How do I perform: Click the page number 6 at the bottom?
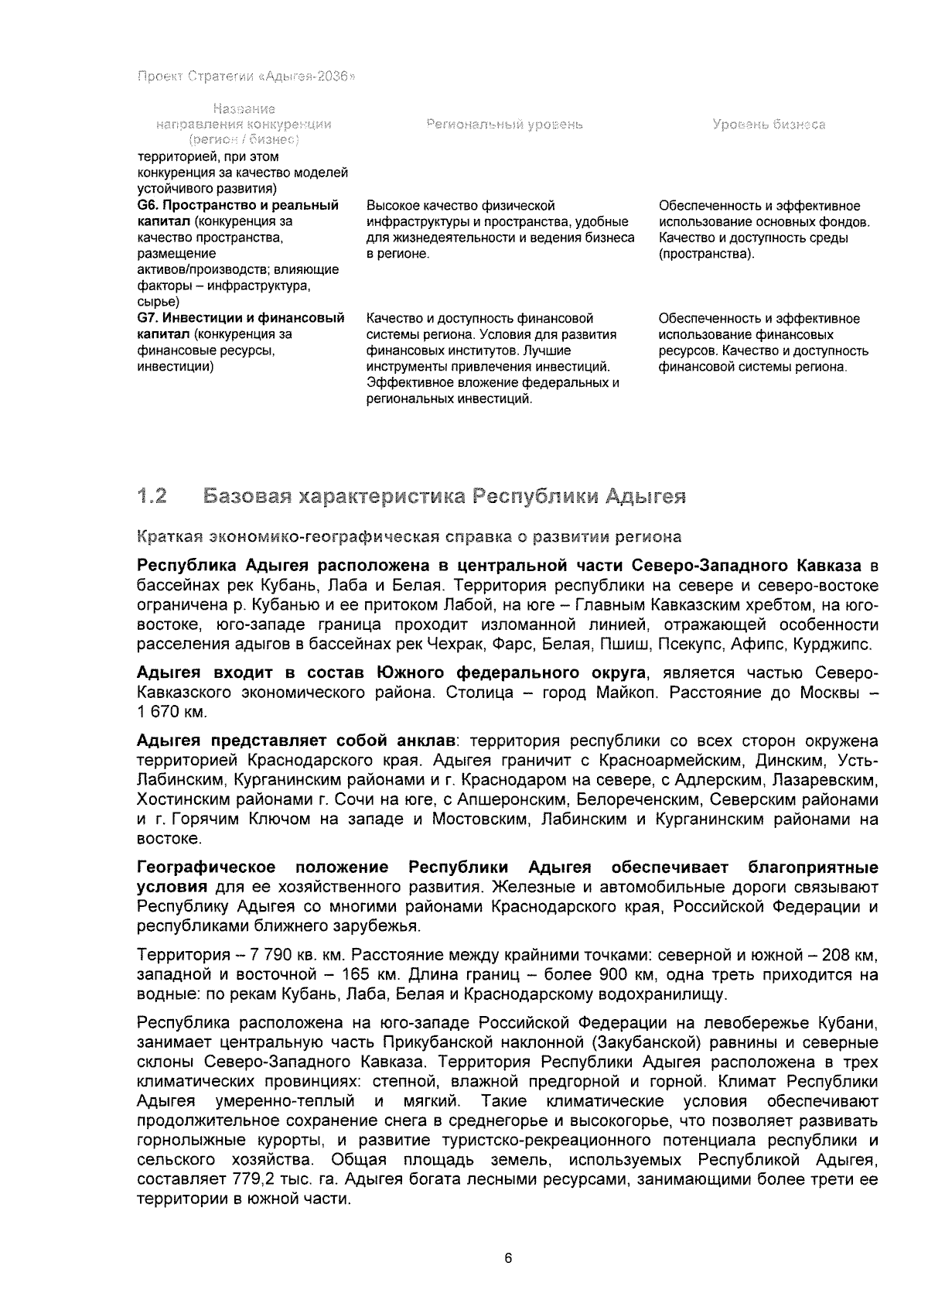[508, 1258]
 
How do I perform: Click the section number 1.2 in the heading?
[152, 496]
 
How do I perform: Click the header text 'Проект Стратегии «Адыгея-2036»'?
[245, 77]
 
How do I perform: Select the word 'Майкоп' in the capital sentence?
[626, 692]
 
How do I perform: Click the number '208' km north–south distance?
[835, 954]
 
